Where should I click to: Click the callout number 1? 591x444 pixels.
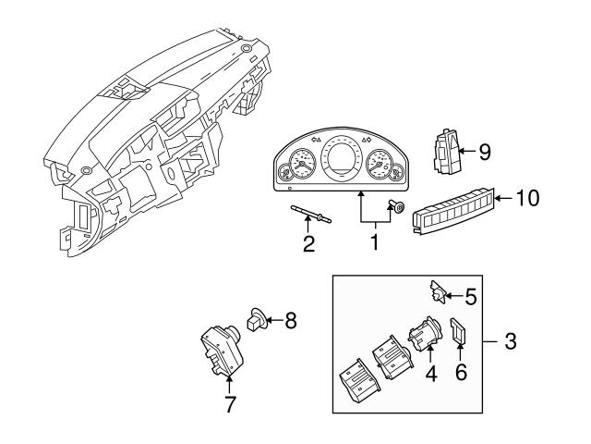375,244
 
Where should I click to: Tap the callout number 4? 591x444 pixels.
429,375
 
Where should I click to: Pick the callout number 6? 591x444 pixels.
461,373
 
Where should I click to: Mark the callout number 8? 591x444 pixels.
290,322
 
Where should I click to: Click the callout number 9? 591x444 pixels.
484,152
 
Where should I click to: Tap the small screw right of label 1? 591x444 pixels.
398,206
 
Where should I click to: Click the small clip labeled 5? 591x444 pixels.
439,292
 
